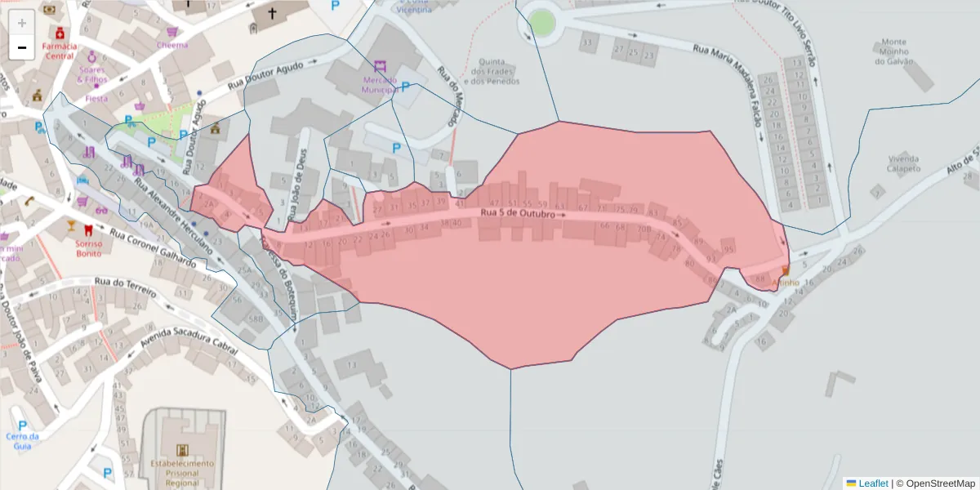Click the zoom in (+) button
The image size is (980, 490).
tap(22, 23)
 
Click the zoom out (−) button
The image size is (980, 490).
tap(22, 47)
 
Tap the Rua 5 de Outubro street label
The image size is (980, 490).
tap(517, 214)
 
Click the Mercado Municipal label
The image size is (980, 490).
tap(379, 85)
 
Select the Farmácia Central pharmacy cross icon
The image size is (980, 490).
tap(60, 33)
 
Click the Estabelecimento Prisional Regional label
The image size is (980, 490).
tap(181, 473)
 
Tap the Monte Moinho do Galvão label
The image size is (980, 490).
tap(893, 51)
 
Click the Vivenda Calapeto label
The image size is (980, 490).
tap(903, 163)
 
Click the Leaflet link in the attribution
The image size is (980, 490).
tap(873, 483)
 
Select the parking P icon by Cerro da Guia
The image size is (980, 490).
tap(22, 425)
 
